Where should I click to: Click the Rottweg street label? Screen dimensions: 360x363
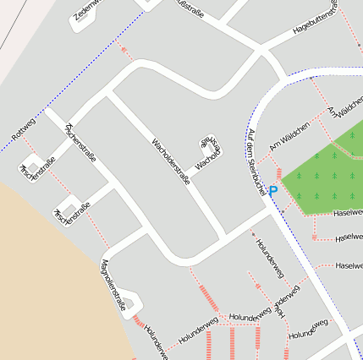click(24, 131)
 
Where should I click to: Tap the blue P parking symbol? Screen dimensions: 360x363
click(273, 192)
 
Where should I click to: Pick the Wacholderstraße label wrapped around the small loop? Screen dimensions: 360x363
click(209, 153)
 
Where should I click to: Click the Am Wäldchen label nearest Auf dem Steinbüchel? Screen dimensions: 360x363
click(289, 136)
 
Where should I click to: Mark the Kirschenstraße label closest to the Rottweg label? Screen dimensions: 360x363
click(37, 165)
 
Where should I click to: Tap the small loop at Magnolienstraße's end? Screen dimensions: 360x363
click(138, 319)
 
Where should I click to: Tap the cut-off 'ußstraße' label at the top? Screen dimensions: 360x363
click(194, 9)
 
